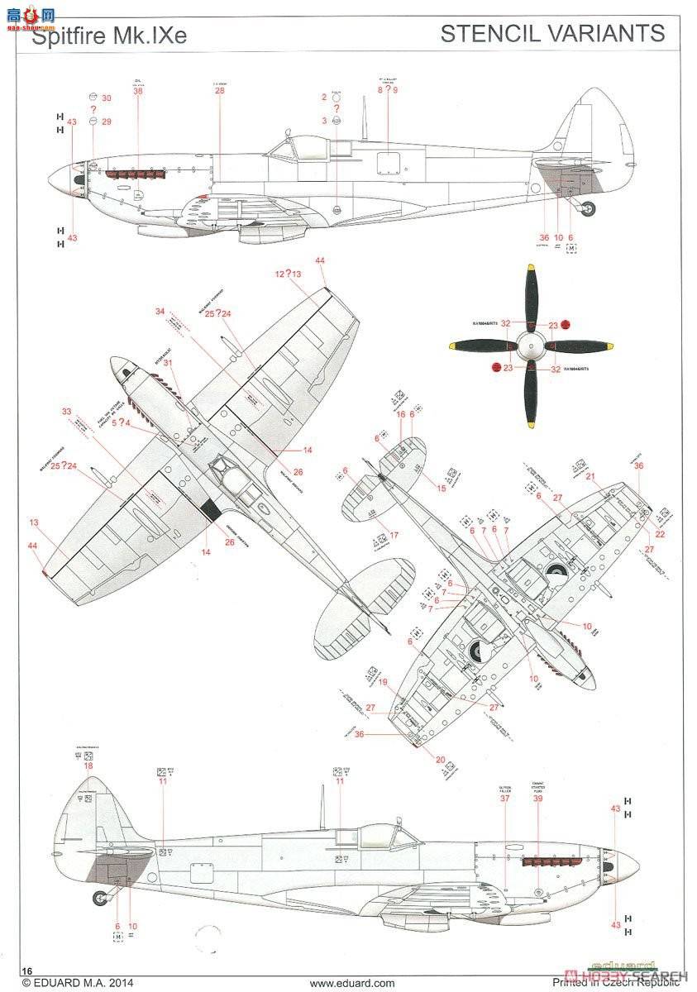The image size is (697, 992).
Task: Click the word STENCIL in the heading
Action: (x=488, y=34)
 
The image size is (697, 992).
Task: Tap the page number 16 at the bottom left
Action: (x=27, y=971)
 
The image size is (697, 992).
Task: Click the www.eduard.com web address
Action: (x=347, y=984)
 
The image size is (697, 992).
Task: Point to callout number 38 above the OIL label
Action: (x=137, y=91)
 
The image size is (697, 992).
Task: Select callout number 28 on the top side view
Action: (x=219, y=91)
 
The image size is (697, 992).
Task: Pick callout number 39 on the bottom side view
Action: (x=537, y=799)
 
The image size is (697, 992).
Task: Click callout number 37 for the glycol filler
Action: (x=505, y=799)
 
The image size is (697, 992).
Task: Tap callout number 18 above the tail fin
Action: (x=88, y=766)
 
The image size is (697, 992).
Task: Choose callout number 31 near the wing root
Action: (x=168, y=363)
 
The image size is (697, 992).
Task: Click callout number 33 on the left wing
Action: (x=66, y=411)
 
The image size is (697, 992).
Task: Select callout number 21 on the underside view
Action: (x=590, y=476)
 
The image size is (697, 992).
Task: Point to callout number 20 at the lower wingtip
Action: (x=440, y=760)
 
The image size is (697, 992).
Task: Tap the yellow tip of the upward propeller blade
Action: (x=529, y=270)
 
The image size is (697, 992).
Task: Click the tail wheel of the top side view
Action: (x=587, y=209)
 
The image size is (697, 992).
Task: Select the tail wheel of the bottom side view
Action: (x=101, y=895)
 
